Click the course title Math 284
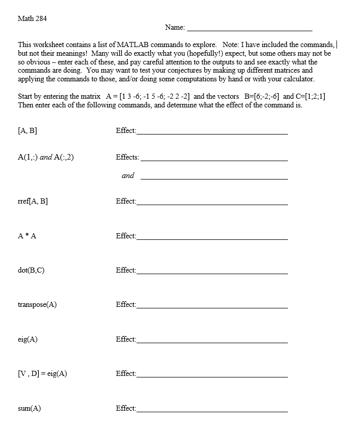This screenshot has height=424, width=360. (32, 18)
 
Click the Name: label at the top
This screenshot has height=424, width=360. (175, 27)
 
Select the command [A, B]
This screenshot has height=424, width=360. (27, 130)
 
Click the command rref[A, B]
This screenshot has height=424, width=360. (33, 201)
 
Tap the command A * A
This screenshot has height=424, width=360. (27, 236)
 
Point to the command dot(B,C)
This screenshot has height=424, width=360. (31, 270)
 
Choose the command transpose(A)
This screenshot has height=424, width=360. (37, 304)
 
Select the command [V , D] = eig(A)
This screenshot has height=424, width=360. (42, 373)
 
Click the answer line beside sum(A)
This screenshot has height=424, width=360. (212, 411)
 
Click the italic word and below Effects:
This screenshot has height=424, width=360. (128, 175)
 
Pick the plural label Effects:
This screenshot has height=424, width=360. (127, 157)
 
